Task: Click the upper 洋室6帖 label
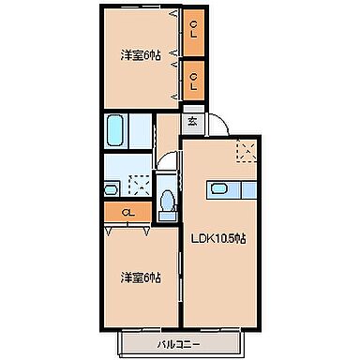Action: click(140, 54)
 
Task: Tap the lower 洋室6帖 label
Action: click(140, 277)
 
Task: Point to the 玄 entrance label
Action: click(191, 121)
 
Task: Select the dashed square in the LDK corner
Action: click(247, 152)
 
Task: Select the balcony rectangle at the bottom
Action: click(183, 345)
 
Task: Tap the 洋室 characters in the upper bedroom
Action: click(130, 54)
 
